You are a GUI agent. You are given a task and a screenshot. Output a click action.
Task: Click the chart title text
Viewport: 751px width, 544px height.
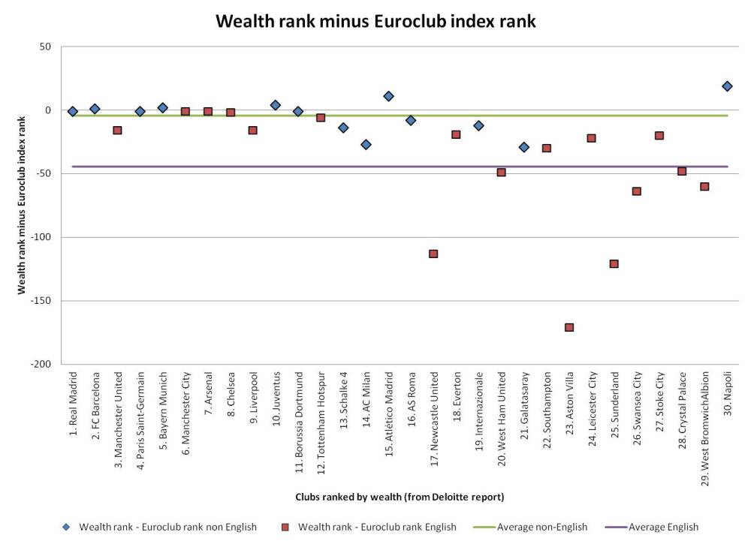coord(375,21)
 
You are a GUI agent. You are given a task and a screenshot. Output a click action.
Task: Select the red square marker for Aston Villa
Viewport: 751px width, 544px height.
coord(569,327)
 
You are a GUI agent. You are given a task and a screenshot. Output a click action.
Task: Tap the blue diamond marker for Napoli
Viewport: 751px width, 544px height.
coord(727,86)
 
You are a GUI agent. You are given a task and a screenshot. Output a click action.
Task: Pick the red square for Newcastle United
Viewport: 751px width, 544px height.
coord(433,254)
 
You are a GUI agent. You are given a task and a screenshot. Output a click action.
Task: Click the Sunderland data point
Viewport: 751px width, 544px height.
coord(614,263)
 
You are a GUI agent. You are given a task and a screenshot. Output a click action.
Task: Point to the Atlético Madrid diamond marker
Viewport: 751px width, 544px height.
coord(388,96)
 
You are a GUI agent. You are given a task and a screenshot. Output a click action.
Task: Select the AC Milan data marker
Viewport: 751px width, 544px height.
coord(366,144)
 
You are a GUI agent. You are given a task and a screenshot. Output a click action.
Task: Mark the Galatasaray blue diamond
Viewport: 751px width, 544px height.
coord(524,147)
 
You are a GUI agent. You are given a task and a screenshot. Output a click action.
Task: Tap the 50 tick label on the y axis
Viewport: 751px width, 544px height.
coord(45,47)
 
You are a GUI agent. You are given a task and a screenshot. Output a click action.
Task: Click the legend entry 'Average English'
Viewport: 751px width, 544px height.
coord(662,527)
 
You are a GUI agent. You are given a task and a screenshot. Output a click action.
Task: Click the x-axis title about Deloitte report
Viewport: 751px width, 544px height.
coord(399,497)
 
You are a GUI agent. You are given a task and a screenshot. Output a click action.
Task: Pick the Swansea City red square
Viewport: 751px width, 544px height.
coord(637,191)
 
